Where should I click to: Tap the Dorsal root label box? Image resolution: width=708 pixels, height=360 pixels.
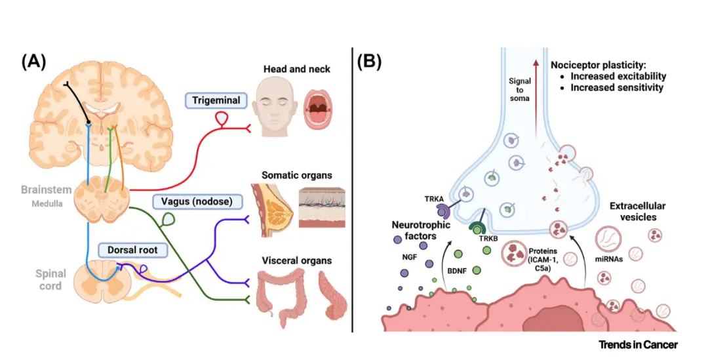130,250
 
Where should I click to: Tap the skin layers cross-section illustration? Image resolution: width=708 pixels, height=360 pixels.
321,208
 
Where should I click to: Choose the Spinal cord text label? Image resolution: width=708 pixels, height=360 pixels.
50,280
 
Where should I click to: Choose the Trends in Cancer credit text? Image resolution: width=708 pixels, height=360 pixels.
638,344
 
